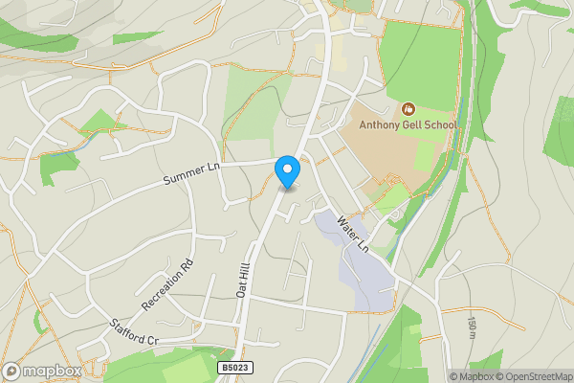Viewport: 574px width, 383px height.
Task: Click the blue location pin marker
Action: coord(287,171)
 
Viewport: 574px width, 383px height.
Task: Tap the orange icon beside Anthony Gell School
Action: coord(409,109)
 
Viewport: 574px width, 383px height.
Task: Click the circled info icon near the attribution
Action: coord(441,376)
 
